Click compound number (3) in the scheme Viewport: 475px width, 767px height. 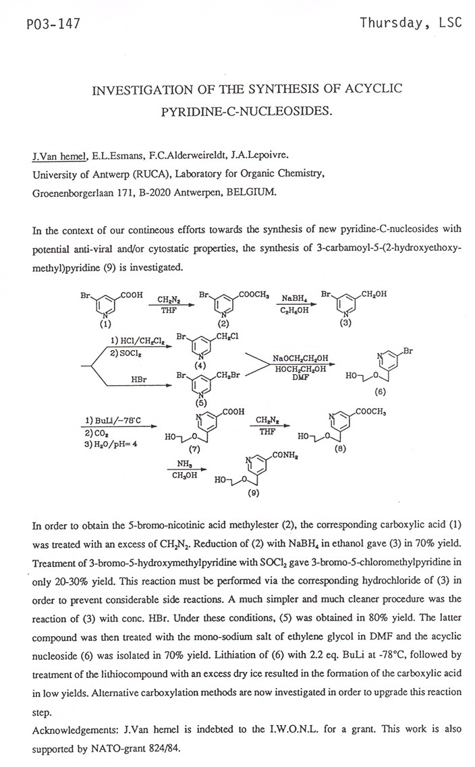345,324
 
